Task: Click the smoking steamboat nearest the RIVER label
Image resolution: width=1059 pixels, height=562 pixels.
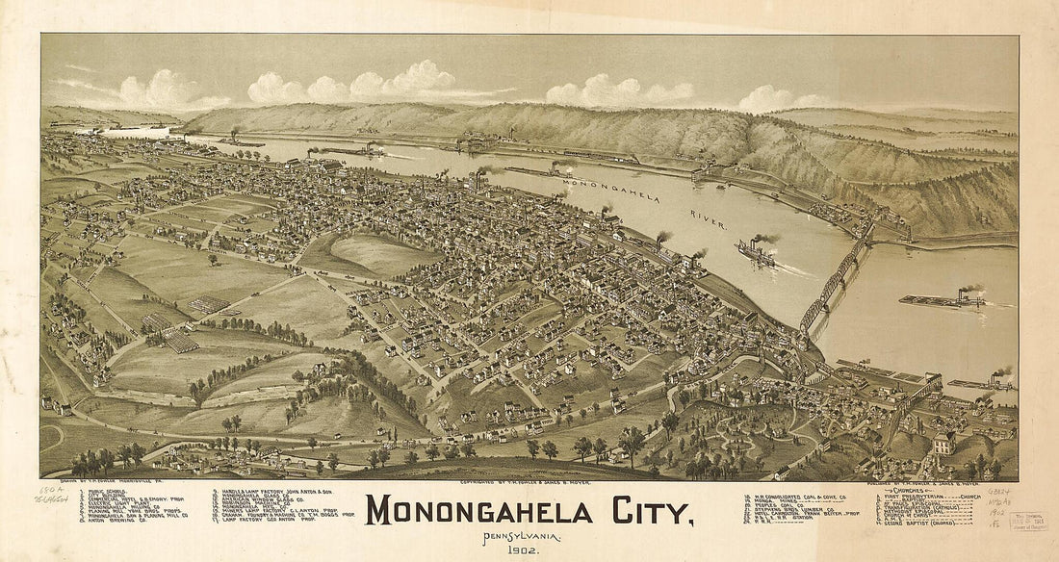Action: click(759, 253)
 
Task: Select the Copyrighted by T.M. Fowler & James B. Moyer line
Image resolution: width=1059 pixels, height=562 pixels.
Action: click(529, 484)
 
